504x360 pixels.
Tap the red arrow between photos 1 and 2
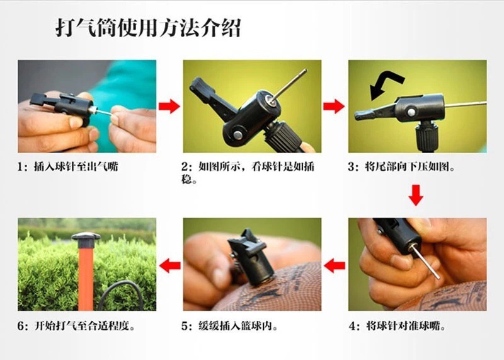coord(169,106)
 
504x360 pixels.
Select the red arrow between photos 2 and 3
coord(334,106)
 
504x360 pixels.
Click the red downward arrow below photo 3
coord(416,194)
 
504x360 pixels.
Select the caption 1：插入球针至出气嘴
coord(69,168)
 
